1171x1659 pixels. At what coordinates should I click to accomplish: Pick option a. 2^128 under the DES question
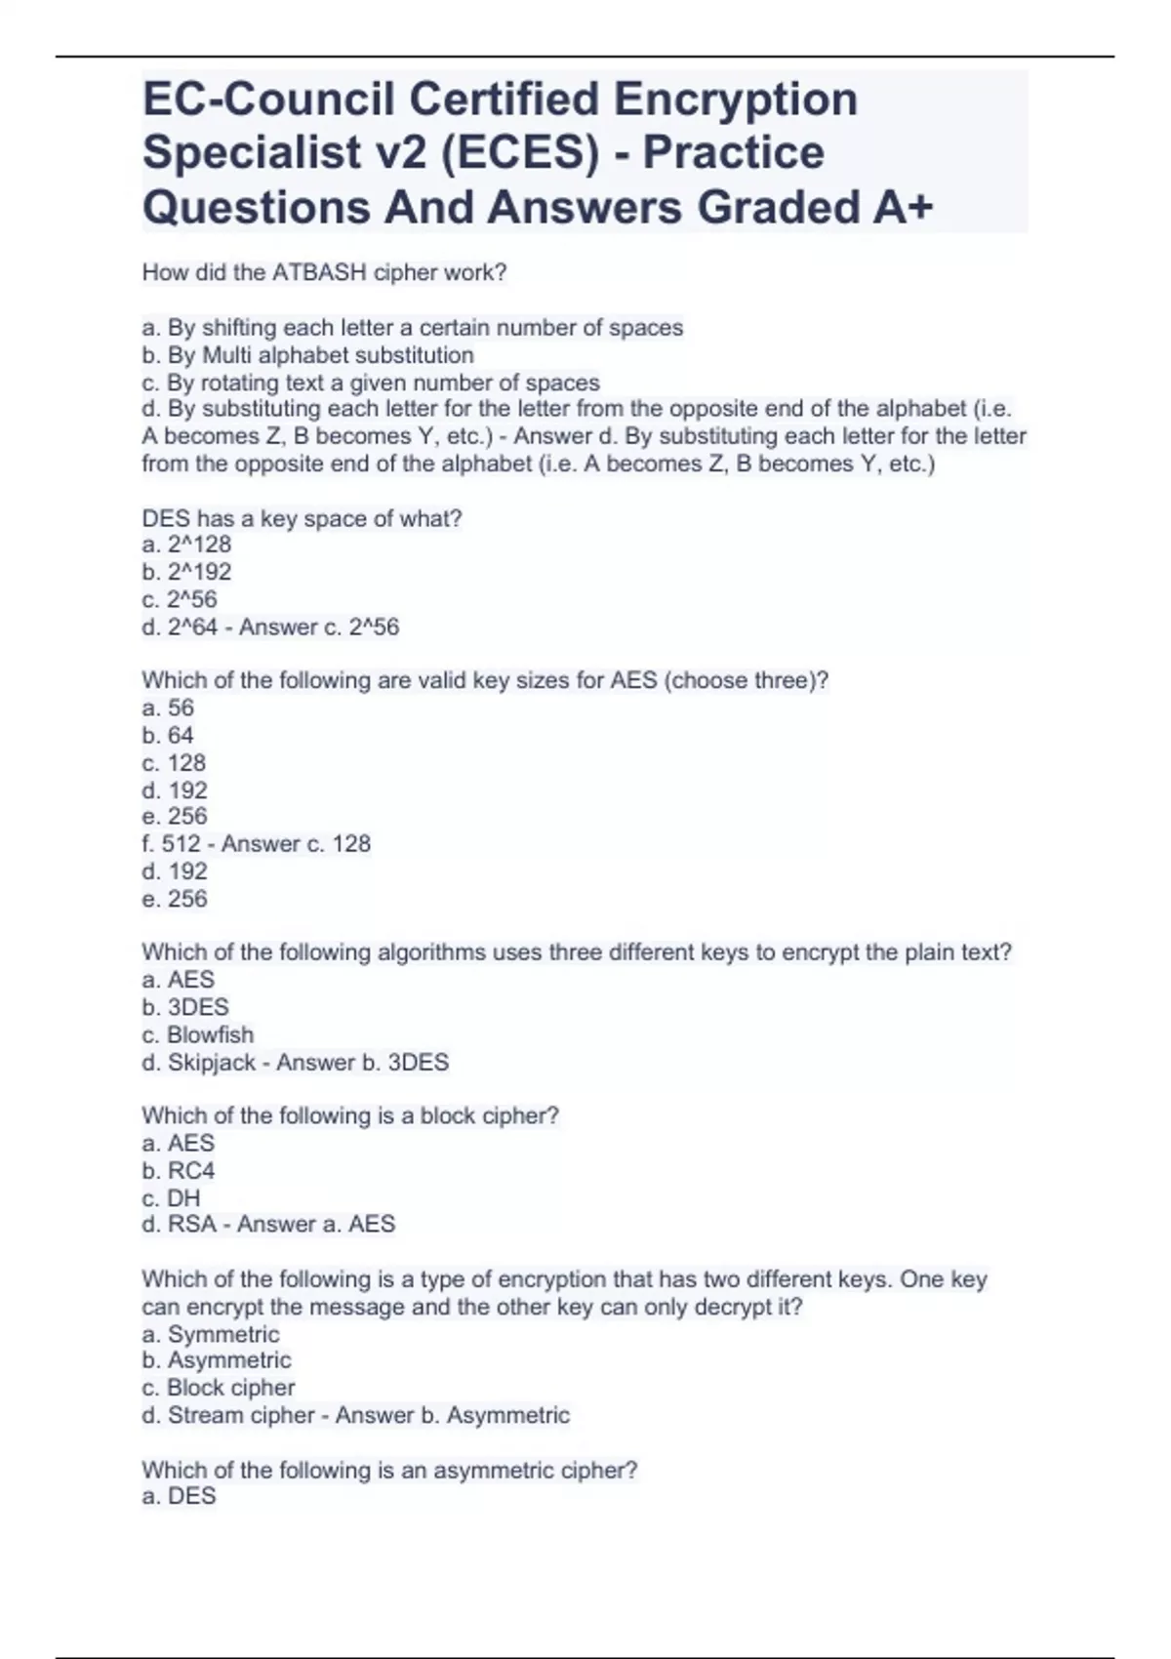(x=186, y=545)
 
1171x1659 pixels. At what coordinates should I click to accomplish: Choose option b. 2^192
(x=186, y=572)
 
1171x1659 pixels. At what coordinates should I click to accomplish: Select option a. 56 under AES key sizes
(x=168, y=708)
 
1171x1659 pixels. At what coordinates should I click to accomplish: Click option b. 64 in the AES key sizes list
(x=168, y=735)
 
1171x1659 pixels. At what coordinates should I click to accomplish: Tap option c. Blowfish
(x=198, y=1034)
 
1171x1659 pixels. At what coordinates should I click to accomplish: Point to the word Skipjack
(x=211, y=1062)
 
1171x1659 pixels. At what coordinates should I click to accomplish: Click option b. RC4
(x=179, y=1170)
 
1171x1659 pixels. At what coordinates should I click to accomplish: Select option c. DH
(x=171, y=1197)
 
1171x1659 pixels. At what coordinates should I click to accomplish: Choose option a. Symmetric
(x=211, y=1334)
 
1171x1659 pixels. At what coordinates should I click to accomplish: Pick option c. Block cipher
(x=219, y=1388)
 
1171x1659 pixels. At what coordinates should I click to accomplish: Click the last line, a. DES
(x=179, y=1496)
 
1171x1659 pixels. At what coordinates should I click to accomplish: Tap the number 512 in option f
(x=181, y=844)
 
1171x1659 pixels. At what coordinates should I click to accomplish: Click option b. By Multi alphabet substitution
(x=308, y=355)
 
